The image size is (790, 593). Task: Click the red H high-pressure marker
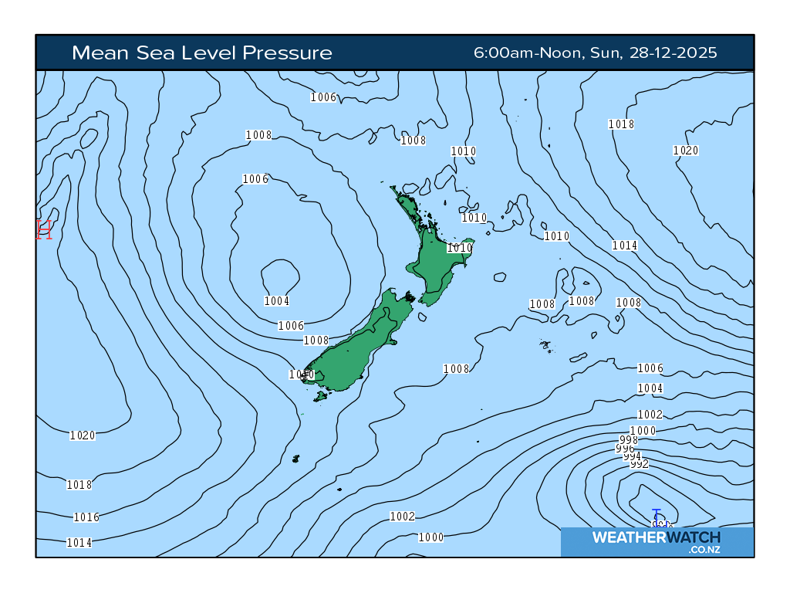pyautogui.click(x=44, y=229)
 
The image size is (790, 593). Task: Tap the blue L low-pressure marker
pyautogui.click(x=657, y=515)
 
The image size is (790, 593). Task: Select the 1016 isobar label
pyautogui.click(x=86, y=517)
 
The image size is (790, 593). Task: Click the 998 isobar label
pyautogui.click(x=628, y=440)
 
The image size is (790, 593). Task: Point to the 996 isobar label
pyautogui.click(x=624, y=449)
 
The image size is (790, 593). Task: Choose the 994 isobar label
pyautogui.click(x=632, y=456)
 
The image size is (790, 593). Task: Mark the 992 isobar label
pyautogui.click(x=639, y=464)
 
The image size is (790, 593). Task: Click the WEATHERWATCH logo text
pyautogui.click(x=656, y=537)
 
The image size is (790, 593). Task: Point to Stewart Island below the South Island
pyautogui.click(x=320, y=397)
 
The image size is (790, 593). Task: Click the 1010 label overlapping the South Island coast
pyautogui.click(x=301, y=374)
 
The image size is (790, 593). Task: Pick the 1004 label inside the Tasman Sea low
pyautogui.click(x=276, y=301)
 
